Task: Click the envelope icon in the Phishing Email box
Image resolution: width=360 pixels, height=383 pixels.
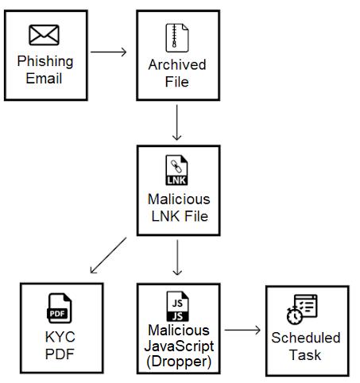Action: (x=44, y=35)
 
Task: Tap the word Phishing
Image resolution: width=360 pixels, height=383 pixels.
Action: (x=45, y=61)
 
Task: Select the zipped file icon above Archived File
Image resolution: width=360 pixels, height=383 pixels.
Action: (x=176, y=37)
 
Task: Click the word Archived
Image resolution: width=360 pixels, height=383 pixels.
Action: (x=176, y=64)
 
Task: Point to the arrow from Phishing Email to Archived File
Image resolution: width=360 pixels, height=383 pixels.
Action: (x=109, y=52)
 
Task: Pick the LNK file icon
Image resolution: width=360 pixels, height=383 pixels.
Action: (x=176, y=170)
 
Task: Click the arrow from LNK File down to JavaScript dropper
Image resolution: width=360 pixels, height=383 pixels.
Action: (x=177, y=257)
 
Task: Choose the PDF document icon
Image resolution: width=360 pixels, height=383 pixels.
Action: (x=60, y=308)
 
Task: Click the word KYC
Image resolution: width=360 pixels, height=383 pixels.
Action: (x=60, y=338)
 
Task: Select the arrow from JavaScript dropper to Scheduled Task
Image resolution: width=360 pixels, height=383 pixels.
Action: (x=242, y=329)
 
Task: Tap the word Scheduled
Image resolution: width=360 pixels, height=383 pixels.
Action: (x=305, y=338)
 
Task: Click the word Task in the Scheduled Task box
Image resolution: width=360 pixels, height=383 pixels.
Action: (x=305, y=354)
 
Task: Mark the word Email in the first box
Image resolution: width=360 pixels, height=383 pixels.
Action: (x=45, y=78)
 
